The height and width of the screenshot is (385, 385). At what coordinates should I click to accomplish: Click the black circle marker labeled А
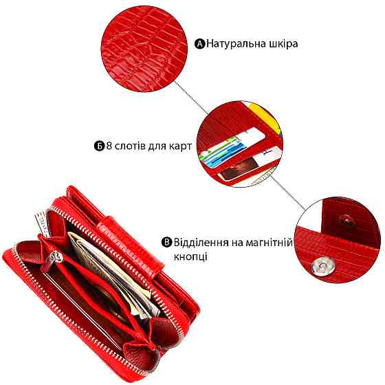click(x=199, y=44)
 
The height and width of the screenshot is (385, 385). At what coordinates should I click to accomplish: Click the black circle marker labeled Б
click(x=100, y=146)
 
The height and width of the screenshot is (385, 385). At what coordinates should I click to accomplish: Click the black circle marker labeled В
click(x=166, y=242)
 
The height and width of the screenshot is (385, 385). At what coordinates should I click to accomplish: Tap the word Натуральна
click(x=236, y=44)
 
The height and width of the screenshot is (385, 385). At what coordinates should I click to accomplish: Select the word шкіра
click(x=283, y=44)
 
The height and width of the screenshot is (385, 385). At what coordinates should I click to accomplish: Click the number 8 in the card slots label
click(x=109, y=146)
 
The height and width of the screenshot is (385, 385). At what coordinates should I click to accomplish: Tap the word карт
click(x=180, y=146)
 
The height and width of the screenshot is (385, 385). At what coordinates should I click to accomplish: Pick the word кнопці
click(x=190, y=257)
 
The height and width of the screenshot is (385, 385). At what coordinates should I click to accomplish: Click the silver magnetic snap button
click(x=320, y=267)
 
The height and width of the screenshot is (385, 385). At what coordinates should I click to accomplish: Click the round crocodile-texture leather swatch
click(x=144, y=49)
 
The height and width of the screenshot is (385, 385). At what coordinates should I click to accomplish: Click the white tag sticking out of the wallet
click(x=42, y=223)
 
